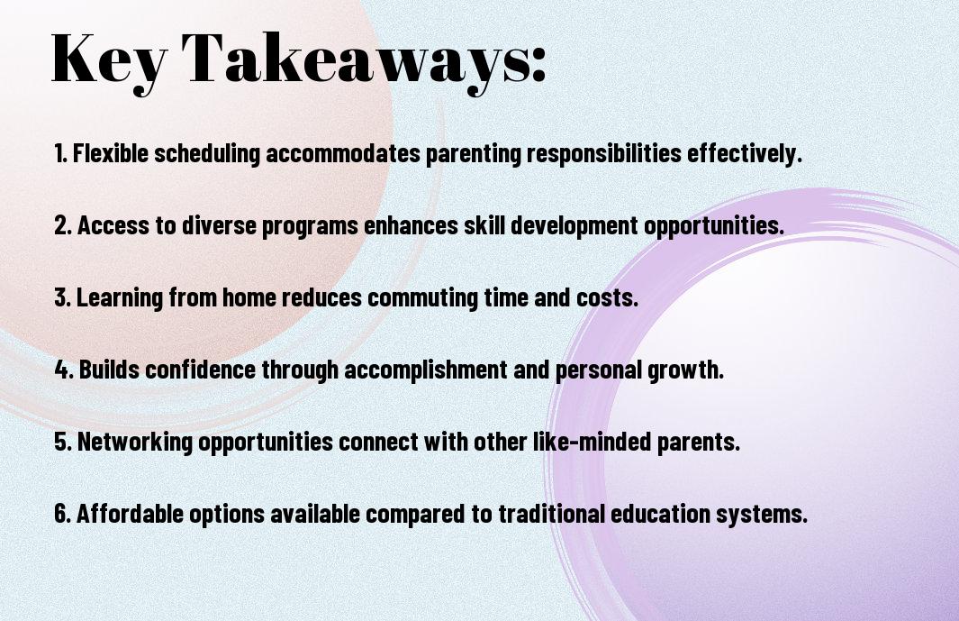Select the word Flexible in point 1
click(111, 153)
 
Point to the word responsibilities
click(604, 154)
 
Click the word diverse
click(219, 225)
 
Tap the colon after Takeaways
click(538, 66)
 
